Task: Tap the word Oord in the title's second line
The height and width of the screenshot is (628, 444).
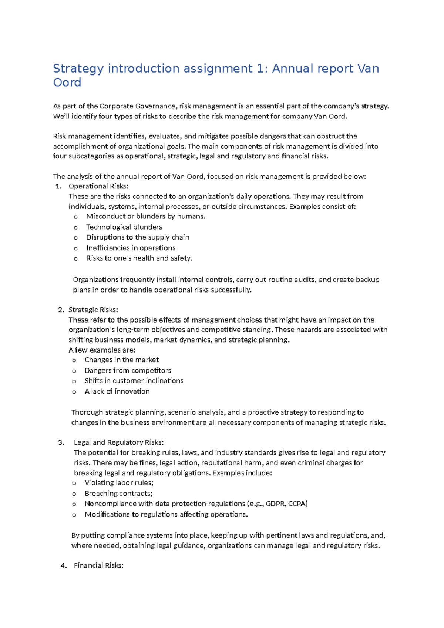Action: pos(67,83)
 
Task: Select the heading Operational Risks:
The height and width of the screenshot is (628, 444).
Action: pos(98,186)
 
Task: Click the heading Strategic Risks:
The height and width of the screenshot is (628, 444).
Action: pos(93,310)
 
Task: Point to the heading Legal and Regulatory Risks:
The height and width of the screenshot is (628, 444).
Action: pos(118,442)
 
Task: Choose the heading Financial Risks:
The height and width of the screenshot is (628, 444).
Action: pos(98,565)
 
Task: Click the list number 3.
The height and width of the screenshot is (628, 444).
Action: pos(61,442)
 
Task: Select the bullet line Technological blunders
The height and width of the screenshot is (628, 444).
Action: pos(124,227)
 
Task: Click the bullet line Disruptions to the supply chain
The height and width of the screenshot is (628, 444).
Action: pos(138,237)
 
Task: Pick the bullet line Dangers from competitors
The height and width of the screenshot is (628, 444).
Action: pos(128,371)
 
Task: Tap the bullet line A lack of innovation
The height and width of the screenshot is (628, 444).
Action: pos(117,391)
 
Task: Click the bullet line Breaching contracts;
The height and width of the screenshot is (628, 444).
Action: pos(118,494)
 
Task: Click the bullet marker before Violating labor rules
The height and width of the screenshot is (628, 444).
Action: pos(74,484)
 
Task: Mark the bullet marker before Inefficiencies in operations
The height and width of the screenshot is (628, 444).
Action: pos(75,248)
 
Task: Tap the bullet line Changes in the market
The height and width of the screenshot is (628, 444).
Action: pos(122,360)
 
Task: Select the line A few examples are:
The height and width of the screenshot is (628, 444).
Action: pos(102,350)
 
